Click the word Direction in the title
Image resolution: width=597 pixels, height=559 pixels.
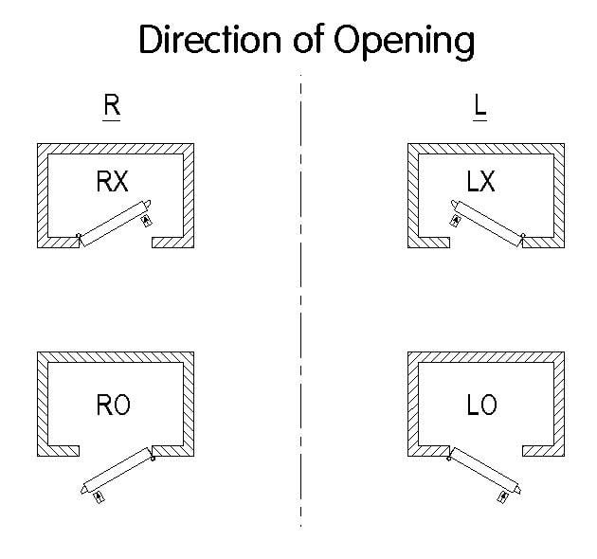pyautogui.click(x=209, y=39)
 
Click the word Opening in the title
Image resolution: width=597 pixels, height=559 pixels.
pyautogui.click(x=405, y=42)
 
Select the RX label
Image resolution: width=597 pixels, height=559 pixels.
pyautogui.click(x=113, y=181)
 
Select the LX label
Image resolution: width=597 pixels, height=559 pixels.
pyautogui.click(x=480, y=181)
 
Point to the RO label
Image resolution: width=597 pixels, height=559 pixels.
pyautogui.click(x=113, y=405)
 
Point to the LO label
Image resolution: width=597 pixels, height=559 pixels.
pyautogui.click(x=482, y=405)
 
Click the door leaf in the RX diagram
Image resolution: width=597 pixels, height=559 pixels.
pyautogui.click(x=116, y=224)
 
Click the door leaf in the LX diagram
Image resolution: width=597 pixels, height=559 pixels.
pyautogui.click(x=486, y=224)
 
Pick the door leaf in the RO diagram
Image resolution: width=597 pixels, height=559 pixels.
pyautogui.click(x=117, y=471)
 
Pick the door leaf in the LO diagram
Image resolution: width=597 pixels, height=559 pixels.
pyautogui.click(x=485, y=471)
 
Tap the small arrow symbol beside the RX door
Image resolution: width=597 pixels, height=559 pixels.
pyautogui.click(x=147, y=221)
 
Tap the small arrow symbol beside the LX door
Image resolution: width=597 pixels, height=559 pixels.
pyautogui.click(x=455, y=221)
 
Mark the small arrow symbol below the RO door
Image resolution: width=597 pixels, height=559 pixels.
pyautogui.click(x=99, y=496)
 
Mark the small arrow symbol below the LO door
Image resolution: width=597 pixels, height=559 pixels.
pyautogui.click(x=503, y=496)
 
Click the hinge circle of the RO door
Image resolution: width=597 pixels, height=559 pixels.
pyautogui.click(x=153, y=459)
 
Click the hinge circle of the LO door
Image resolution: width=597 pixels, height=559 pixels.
pyautogui.click(x=449, y=459)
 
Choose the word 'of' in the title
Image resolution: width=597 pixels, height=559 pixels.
pyautogui.click(x=309, y=38)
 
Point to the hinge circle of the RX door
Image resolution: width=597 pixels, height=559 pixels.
pyautogui.click(x=79, y=236)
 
